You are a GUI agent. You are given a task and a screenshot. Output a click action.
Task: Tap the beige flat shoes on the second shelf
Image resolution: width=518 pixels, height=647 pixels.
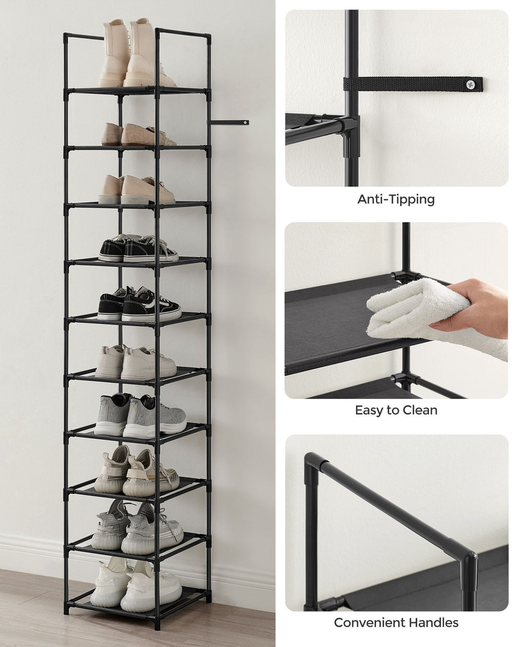137,135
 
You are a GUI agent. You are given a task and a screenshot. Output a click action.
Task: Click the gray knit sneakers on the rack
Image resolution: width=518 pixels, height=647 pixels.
139,414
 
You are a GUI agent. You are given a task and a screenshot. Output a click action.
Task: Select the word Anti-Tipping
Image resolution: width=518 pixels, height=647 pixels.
396,199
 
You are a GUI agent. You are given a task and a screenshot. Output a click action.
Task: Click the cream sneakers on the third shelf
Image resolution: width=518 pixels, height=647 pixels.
137,190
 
